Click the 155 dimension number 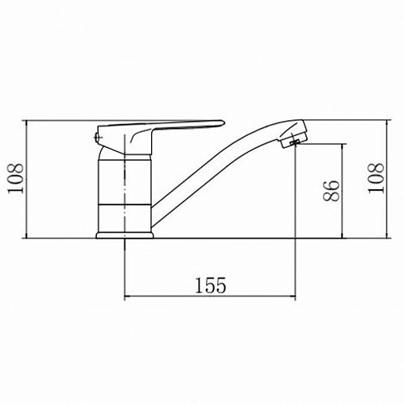point(211,286)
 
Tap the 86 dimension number point(332,191)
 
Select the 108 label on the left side point(15,179)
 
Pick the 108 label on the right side point(376,178)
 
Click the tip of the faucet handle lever point(223,122)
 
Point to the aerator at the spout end point(293,138)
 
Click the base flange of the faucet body point(125,235)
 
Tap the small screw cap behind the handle point(97,138)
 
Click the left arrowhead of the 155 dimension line point(126,297)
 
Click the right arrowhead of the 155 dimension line point(293,297)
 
